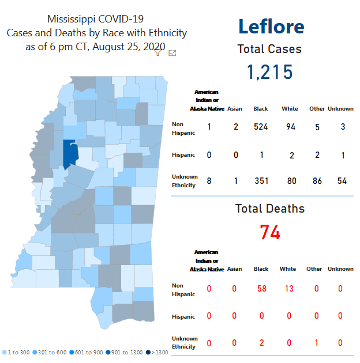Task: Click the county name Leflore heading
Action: pyautogui.click(x=271, y=27)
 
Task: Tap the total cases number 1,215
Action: pyautogui.click(x=270, y=72)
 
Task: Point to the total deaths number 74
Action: pyautogui.click(x=270, y=232)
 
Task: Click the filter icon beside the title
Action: pyautogui.click(x=159, y=52)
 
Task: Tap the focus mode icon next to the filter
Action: pyautogui.click(x=172, y=53)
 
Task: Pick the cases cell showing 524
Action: pyautogui.click(x=261, y=127)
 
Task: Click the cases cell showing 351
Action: pyautogui.click(x=261, y=181)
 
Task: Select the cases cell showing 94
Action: pyautogui.click(x=290, y=127)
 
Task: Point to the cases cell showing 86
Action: pyautogui.click(x=317, y=181)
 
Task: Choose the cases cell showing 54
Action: pyautogui.click(x=343, y=181)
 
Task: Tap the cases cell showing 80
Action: pyautogui.click(x=291, y=181)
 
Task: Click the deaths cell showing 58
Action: pyautogui.click(x=261, y=288)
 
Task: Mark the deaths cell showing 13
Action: pyautogui.click(x=289, y=288)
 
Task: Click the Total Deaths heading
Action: pyautogui.click(x=270, y=209)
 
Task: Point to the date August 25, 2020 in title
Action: pyautogui.click(x=127, y=47)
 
